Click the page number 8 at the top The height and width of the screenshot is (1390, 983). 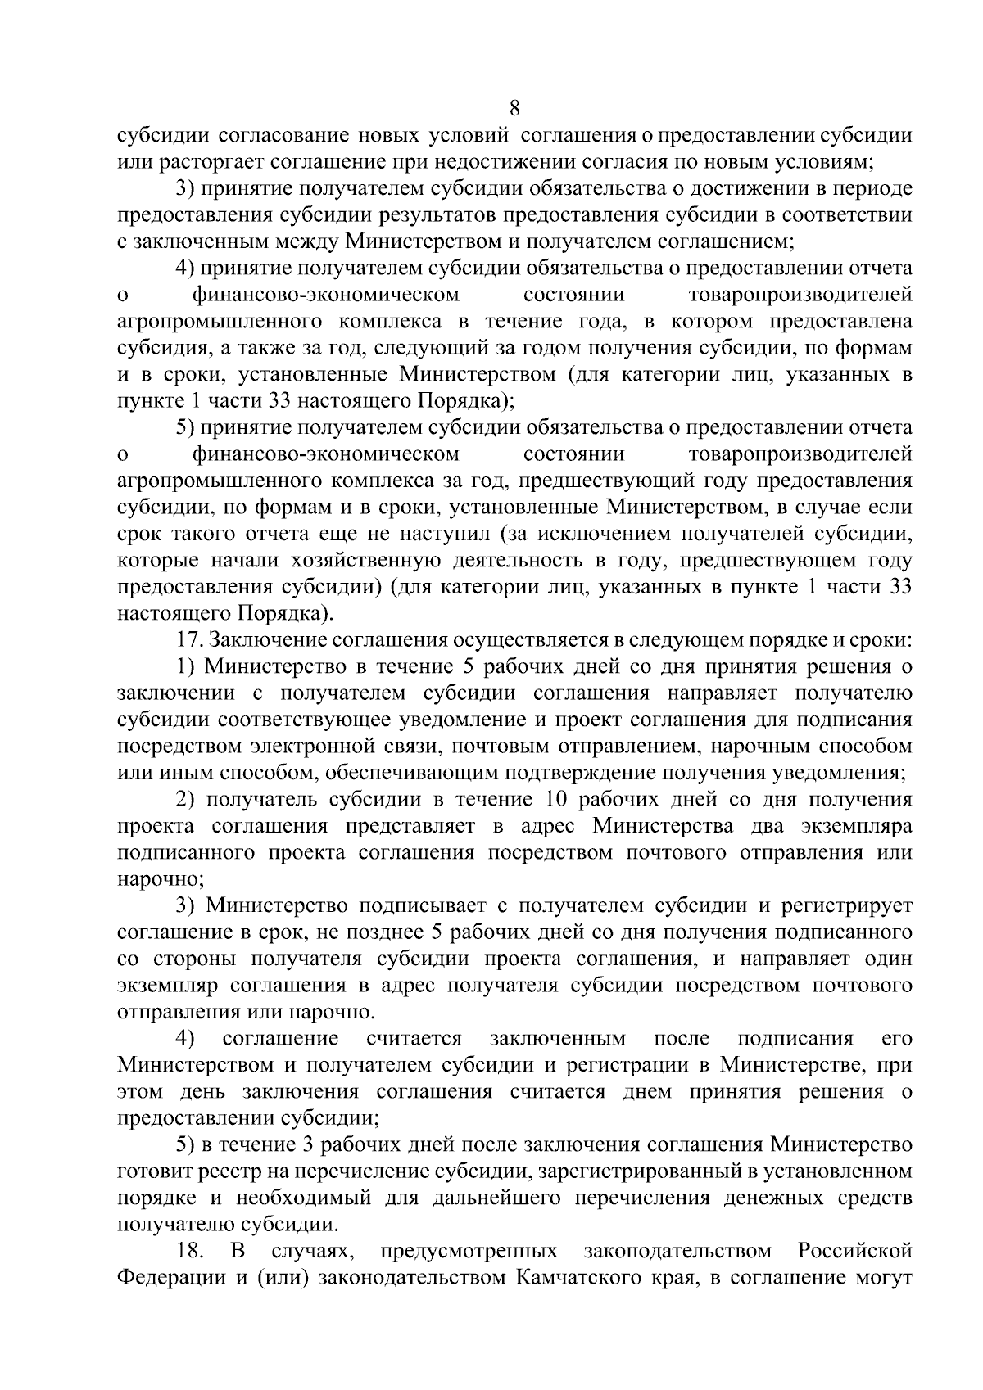(x=514, y=108)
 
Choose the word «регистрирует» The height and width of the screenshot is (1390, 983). (x=845, y=905)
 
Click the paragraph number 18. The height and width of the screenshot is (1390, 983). (x=189, y=1252)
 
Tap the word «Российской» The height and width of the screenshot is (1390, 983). (x=854, y=1252)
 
